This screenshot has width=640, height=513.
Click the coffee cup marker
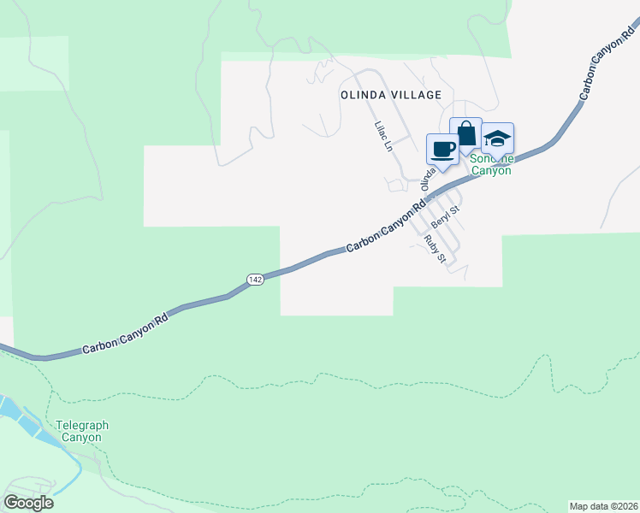pos(443,149)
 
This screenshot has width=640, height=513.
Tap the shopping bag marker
pos(465,134)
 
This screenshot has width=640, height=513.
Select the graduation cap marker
pos(497,138)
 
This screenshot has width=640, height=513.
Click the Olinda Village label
pos(391,95)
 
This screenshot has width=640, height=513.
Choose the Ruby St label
pos(435,250)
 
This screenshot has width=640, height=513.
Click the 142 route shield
pos(255,280)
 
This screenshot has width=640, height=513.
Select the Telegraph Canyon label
pos(82,431)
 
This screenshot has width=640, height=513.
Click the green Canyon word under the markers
pos(491,170)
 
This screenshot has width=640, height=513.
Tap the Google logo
pos(28,502)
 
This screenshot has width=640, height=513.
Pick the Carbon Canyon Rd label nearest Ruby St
pos(385,227)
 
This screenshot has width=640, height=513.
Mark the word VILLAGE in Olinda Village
pos(414,95)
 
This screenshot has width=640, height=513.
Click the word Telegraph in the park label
pos(82,425)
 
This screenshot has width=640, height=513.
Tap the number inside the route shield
pos(255,280)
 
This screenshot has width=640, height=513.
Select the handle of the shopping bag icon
pos(465,127)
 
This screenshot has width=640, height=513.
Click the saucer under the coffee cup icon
pos(443,156)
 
